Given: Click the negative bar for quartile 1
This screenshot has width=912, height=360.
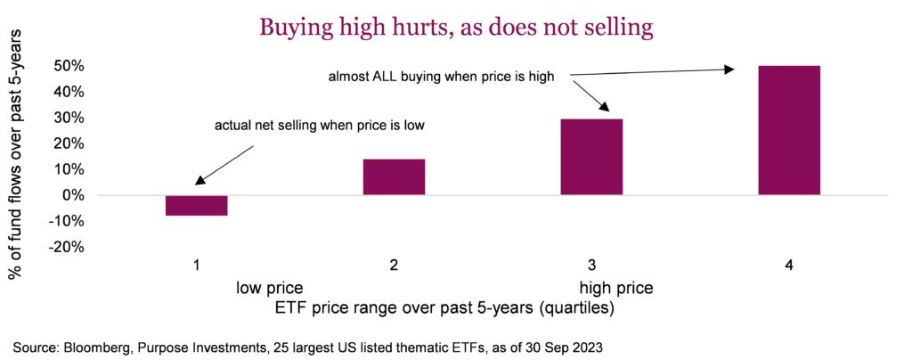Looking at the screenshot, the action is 197,205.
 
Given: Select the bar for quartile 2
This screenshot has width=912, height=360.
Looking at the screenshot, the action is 394,176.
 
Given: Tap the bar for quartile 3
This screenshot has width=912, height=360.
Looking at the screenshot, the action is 591,157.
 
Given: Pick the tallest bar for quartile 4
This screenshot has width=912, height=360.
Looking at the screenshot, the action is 789,130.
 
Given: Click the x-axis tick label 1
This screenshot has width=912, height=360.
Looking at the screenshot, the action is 197,266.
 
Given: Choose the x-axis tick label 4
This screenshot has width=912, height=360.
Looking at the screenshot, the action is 789,266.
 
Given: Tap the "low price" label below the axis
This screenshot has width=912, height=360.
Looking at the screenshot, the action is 269,288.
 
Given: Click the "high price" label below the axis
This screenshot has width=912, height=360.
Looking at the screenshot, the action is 616,288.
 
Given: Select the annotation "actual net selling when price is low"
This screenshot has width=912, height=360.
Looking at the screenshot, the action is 320,126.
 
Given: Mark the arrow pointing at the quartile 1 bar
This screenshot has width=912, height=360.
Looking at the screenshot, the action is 224,165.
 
